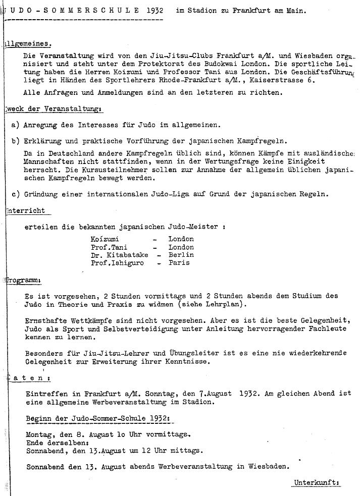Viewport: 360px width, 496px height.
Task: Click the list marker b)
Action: (x=15, y=141)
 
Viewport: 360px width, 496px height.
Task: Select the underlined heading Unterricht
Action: (x=25, y=210)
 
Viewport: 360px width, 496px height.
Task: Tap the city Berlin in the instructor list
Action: (x=181, y=255)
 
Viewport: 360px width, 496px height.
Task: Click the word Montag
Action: (x=39, y=434)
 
